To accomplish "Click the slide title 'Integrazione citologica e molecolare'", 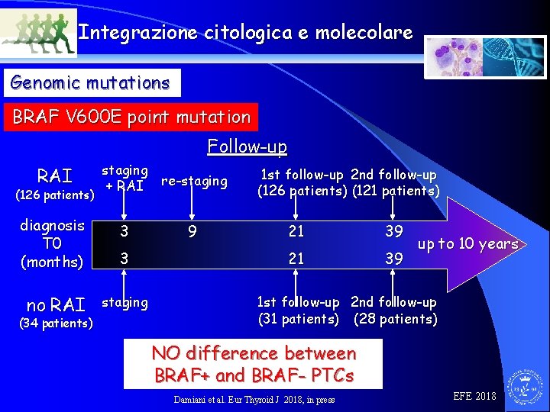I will pyautogui.click(x=245, y=33).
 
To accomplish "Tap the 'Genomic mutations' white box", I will pyautogui.click(x=91, y=82).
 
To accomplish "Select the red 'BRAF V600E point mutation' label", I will pyautogui.click(x=131, y=117).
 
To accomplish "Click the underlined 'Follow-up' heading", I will pyautogui.click(x=247, y=146).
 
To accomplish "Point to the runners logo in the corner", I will pyautogui.click(x=39, y=34).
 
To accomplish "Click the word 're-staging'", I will pyautogui.click(x=194, y=181).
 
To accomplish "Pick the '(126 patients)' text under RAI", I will pyautogui.click(x=55, y=195).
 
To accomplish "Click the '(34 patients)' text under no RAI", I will pyautogui.click(x=54, y=323).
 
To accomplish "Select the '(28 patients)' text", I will pyautogui.click(x=395, y=319).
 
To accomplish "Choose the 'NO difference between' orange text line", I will pyautogui.click(x=254, y=353).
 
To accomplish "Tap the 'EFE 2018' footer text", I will pyautogui.click(x=474, y=396).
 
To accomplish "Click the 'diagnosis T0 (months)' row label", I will pyautogui.click(x=52, y=243).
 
